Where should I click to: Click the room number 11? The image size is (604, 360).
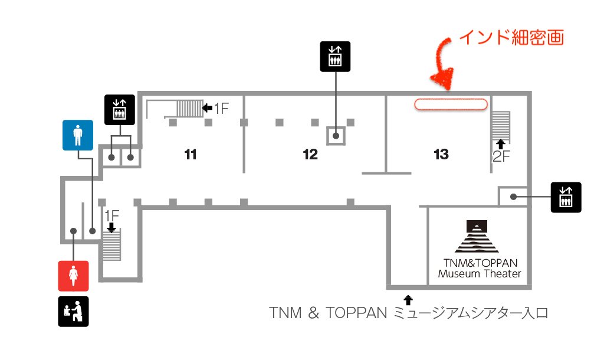[x=190, y=155]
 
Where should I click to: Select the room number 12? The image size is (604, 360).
[x=310, y=155]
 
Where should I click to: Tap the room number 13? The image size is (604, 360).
[x=441, y=155]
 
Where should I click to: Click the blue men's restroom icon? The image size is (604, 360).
[x=78, y=135]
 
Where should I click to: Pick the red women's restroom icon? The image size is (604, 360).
[x=73, y=276]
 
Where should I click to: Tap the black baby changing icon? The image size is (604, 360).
[x=73, y=312]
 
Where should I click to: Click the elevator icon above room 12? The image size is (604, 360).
[x=335, y=57]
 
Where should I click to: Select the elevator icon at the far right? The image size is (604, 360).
[x=566, y=197]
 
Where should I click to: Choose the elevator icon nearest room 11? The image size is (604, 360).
[x=120, y=110]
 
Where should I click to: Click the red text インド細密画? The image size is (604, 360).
[x=511, y=38]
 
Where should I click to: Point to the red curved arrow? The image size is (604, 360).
[x=444, y=65]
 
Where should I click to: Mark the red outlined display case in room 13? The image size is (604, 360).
[x=451, y=104]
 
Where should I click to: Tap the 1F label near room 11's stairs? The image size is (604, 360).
[x=221, y=108]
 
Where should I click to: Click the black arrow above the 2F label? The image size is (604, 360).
[x=501, y=142]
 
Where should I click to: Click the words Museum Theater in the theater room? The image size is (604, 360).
[x=479, y=274]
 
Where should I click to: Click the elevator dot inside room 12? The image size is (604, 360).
[x=336, y=136]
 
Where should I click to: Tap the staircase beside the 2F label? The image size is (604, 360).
[x=501, y=124]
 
